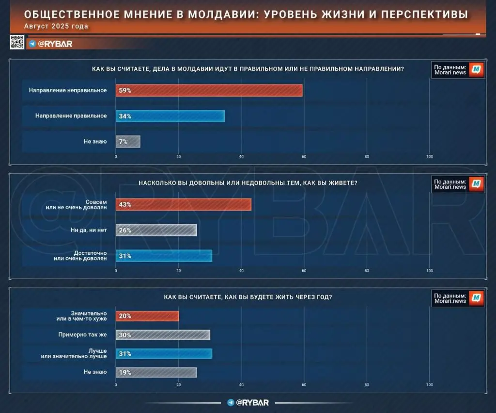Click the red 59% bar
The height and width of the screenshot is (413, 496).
coord(209,90)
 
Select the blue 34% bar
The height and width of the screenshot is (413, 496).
coord(170,116)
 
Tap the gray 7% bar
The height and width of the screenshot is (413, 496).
coord(128,142)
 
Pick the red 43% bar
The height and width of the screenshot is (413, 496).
coord(184,204)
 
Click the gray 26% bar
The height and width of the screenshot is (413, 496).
coord(156,230)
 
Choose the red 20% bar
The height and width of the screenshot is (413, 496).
coord(147,316)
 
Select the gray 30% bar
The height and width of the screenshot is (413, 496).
coord(163,335)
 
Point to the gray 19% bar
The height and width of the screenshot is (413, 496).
coord(156,372)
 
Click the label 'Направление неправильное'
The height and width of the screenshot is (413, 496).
coord(67,90)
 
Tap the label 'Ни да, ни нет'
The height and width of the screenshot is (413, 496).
coord(90,230)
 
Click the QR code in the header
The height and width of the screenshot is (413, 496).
coord(17,43)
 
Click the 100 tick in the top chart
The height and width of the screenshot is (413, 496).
coord(429,157)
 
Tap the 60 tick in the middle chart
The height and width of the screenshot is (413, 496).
coord(304,271)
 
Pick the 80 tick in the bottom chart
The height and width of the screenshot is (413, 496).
coord(367,385)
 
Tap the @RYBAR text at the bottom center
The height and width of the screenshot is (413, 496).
coord(252,402)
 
